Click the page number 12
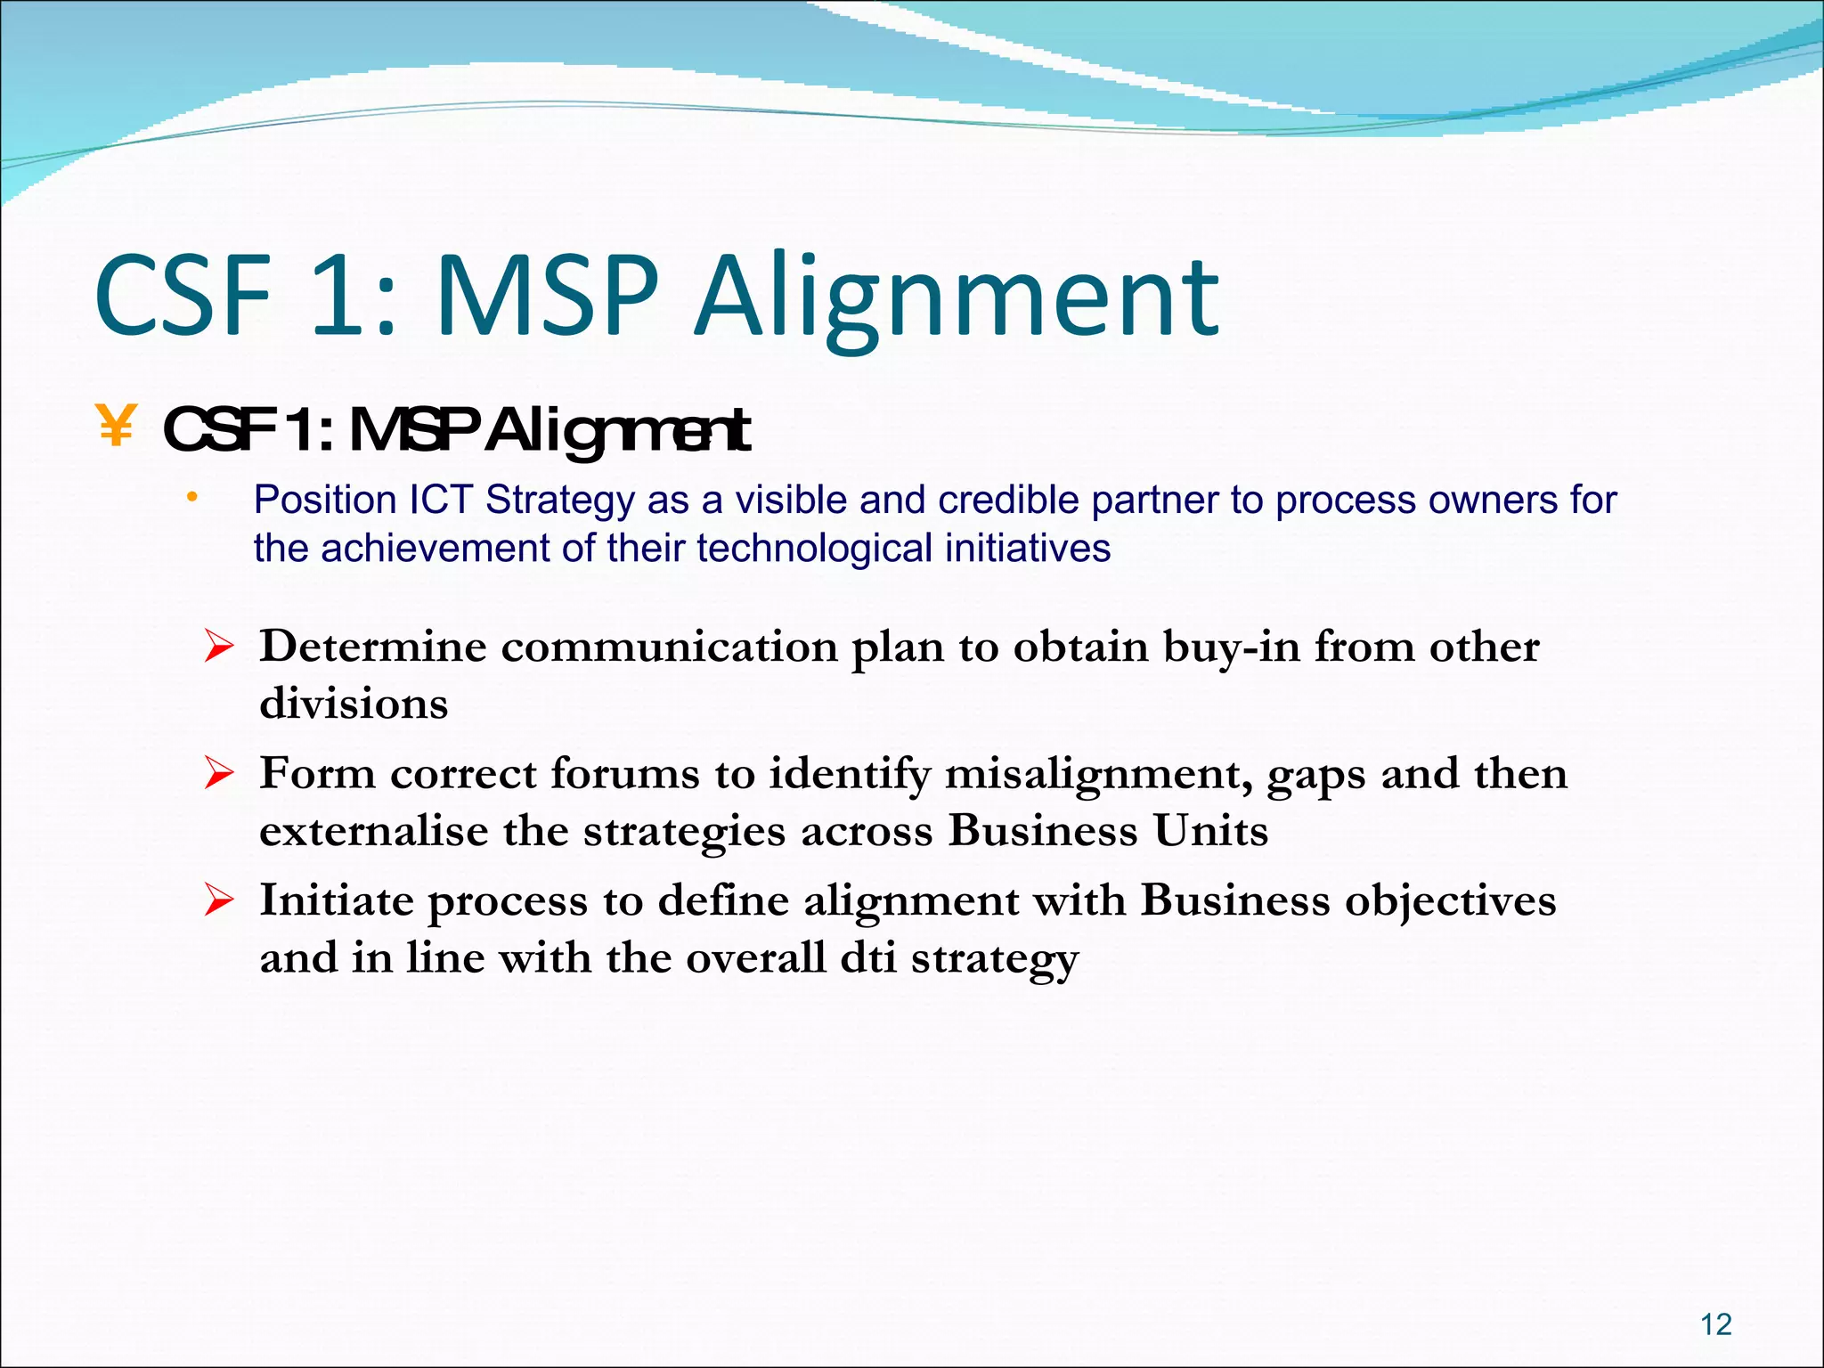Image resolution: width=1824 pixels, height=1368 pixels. pos(1715,1324)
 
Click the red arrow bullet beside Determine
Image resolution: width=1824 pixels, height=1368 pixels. pos(218,646)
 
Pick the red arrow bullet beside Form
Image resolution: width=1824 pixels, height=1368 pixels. pos(218,773)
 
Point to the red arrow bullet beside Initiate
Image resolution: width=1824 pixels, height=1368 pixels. pos(218,900)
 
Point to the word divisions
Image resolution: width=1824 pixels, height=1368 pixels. pos(354,704)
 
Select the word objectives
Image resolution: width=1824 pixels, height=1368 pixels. pos(1450,900)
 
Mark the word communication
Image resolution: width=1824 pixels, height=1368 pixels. pos(669,647)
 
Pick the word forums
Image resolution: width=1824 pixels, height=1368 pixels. pos(624,774)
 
